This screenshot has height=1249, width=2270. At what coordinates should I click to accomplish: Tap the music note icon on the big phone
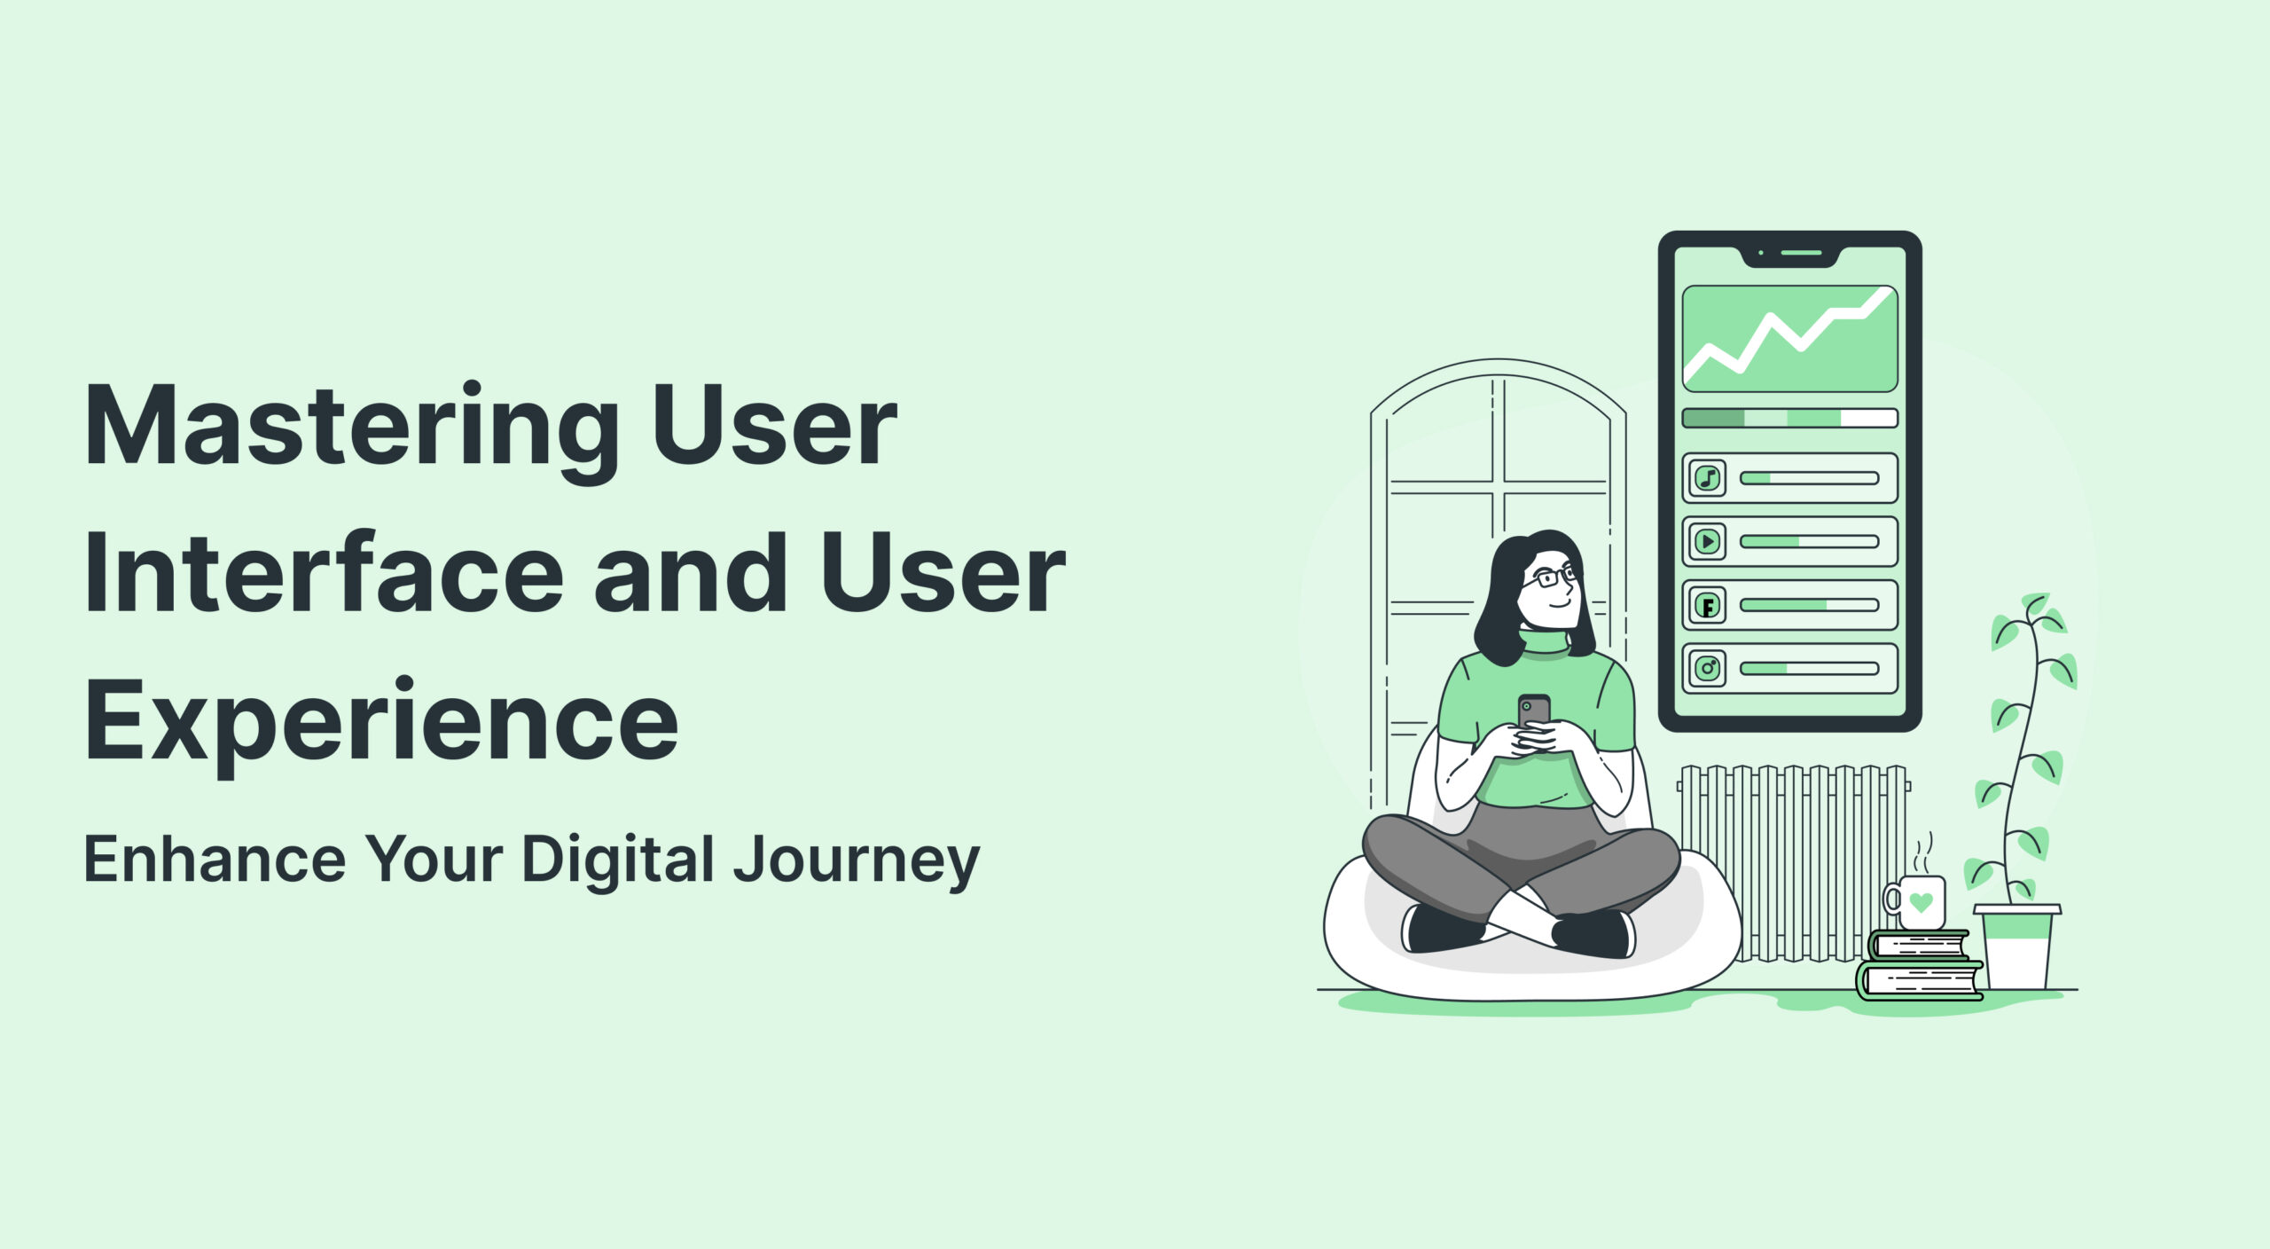(1708, 478)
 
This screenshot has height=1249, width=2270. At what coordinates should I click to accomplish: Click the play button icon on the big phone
(1708, 541)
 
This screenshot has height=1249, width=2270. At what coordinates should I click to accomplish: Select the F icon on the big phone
(1708, 606)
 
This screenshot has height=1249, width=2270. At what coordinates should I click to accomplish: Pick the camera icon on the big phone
(1708, 668)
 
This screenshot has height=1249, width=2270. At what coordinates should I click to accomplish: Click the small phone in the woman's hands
(1534, 711)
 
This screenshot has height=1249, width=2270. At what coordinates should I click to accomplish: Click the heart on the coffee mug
(1921, 903)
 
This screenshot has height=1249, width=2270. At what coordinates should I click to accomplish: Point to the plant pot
(2017, 946)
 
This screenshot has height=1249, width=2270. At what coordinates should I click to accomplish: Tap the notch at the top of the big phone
(1790, 255)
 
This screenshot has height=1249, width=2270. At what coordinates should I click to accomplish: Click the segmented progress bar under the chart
(1790, 418)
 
